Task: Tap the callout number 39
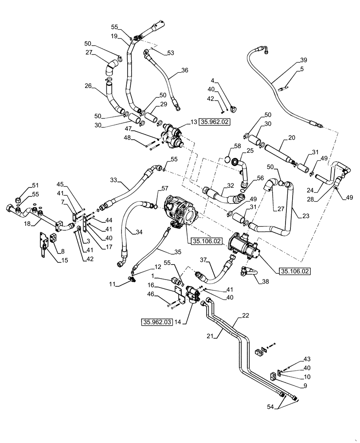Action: coord(303,60)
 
